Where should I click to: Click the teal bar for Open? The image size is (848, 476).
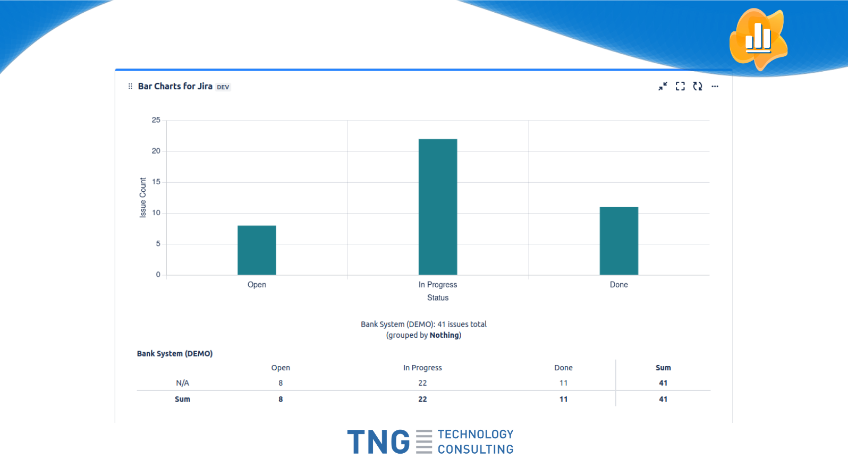tap(257, 250)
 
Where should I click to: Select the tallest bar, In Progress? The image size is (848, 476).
tap(438, 207)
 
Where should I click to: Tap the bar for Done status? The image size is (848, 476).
tap(618, 241)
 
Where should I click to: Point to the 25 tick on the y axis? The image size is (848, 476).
tap(156, 120)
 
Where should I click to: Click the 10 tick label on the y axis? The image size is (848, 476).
tap(156, 213)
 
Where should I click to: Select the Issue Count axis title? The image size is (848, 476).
tap(142, 198)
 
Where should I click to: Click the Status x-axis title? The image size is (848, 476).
tap(438, 297)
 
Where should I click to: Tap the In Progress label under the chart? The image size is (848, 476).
tap(438, 285)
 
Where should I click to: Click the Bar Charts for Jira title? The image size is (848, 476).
tap(175, 86)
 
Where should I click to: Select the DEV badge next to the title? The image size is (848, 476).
tap(223, 87)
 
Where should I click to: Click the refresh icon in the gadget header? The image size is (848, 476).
tap(698, 86)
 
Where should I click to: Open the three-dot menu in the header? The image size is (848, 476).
tap(715, 86)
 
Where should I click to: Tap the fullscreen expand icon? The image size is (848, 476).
tap(680, 86)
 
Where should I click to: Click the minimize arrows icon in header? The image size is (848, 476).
tap(663, 86)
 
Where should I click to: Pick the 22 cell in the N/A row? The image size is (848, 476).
tap(422, 383)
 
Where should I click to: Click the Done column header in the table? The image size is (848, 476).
tap(563, 368)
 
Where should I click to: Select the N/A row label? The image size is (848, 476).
tap(182, 383)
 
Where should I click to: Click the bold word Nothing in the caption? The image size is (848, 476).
tap(444, 335)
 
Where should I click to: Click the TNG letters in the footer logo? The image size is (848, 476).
tap(378, 442)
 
